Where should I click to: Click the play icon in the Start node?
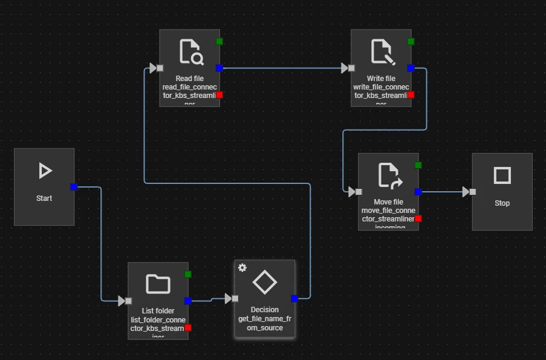tap(44, 171)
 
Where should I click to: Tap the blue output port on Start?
tap(74, 187)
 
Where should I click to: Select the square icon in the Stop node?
tap(502, 175)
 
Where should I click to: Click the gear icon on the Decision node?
tap(242, 268)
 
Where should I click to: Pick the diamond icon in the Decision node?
tap(264, 282)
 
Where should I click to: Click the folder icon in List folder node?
tap(158, 284)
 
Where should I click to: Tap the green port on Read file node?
tap(219, 41)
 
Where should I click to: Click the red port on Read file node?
tap(219, 95)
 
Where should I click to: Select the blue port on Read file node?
tap(219, 68)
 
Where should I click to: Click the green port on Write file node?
tap(411, 41)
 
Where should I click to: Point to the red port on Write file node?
tap(411, 95)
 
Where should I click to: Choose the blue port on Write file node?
tap(411, 68)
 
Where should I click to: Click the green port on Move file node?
tap(418, 165)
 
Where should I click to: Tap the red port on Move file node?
tap(418, 218)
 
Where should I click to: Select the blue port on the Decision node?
tap(294, 298)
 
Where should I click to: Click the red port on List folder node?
tap(188, 327)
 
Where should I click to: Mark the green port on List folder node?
tap(188, 274)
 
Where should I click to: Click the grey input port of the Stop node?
tap(473, 192)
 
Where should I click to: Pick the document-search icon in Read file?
tap(190, 52)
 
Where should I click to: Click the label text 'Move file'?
tap(388, 202)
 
